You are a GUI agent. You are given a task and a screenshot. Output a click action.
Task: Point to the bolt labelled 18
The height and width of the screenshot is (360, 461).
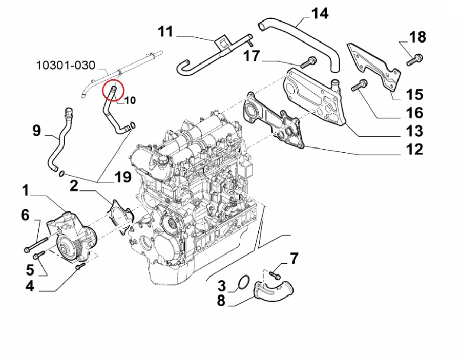pyautogui.click(x=413, y=60)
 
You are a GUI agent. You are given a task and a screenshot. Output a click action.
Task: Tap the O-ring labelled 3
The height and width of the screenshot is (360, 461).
pyautogui.click(x=244, y=282)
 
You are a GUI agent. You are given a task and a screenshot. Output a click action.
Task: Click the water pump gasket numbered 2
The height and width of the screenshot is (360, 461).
pyautogui.click(x=119, y=217)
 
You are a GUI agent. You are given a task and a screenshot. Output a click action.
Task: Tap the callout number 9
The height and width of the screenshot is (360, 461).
pyautogui.click(x=36, y=131)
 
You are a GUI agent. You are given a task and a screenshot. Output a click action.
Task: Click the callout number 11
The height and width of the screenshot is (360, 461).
pyautogui.click(x=165, y=32)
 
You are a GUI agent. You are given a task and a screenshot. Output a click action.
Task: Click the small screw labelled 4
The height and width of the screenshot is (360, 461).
pyautogui.click(x=79, y=267)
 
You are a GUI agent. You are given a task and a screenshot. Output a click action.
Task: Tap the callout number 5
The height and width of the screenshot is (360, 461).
pyautogui.click(x=30, y=269)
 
